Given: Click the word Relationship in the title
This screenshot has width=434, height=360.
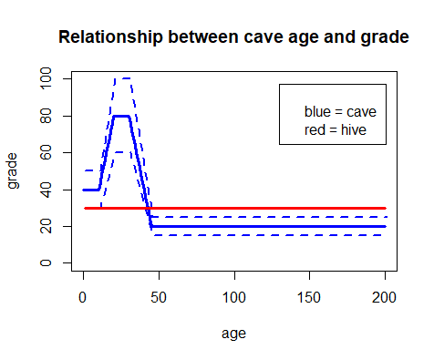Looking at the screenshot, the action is (110, 37).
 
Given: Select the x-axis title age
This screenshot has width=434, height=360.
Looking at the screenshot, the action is (233, 334).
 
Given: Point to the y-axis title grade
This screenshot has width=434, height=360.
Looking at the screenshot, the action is (13, 170).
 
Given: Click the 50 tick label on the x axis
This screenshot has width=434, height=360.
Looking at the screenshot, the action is (159, 297).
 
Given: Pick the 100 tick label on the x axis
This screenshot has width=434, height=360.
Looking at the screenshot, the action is (234, 297).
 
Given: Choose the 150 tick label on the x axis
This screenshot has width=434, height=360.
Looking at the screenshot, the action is (309, 297).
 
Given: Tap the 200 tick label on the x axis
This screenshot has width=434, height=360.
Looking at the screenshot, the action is (384, 297).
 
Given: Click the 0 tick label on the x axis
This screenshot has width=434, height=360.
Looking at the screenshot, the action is (83, 297).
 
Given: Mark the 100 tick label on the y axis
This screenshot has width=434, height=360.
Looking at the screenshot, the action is (46, 78).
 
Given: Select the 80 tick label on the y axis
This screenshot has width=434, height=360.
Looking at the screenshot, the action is (46, 116).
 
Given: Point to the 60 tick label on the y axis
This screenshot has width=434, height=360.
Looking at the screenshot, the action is (46, 152).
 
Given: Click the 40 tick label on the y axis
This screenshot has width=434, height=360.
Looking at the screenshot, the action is (46, 190).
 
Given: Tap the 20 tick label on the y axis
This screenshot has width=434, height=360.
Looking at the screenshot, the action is (46, 226).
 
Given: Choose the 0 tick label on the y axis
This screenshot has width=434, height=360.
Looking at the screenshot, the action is (46, 262).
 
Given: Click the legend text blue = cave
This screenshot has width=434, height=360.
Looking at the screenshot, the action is (340, 112).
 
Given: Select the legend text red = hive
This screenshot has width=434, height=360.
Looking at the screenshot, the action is (336, 130).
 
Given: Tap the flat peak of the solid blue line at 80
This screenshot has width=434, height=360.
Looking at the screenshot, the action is (121, 116).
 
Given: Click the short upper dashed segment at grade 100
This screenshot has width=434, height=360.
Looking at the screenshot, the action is (123, 78).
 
